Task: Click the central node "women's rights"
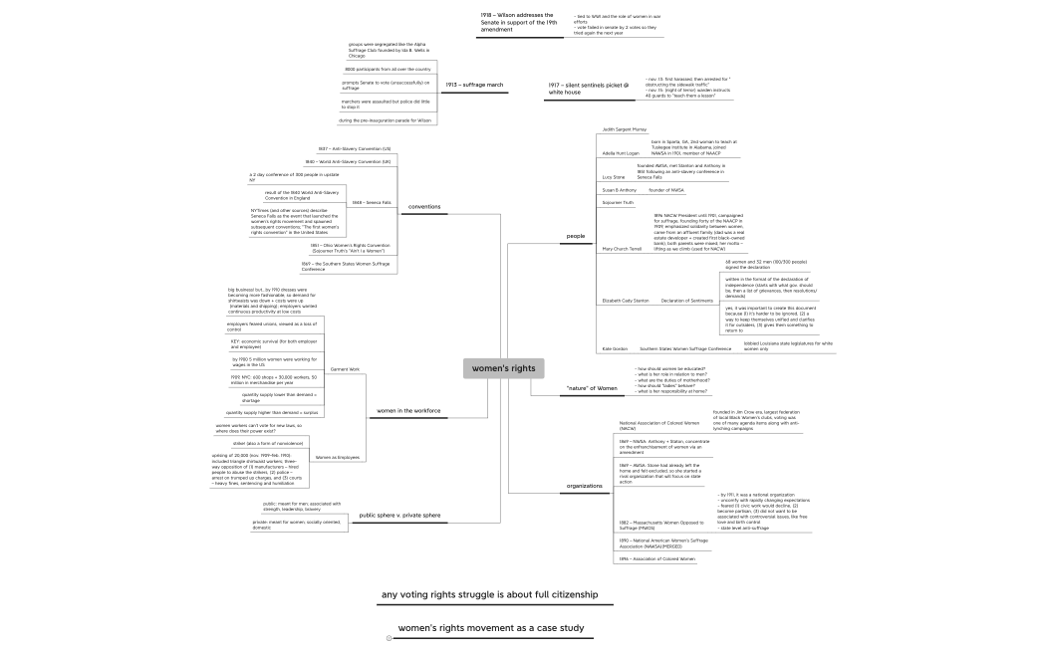point(503,369)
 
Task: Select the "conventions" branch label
point(424,206)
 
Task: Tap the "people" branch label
point(576,237)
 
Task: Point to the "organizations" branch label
point(585,486)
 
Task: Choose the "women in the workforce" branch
point(408,410)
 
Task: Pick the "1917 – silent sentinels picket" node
point(588,89)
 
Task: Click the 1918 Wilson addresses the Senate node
point(517,22)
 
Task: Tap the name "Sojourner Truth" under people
point(619,202)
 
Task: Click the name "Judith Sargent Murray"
point(625,129)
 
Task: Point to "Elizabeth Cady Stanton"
point(625,300)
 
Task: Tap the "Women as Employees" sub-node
point(337,458)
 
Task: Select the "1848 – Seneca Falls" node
point(372,202)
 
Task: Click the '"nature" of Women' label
point(592,387)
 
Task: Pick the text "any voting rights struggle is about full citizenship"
point(488,595)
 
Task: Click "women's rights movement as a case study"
point(490,629)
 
